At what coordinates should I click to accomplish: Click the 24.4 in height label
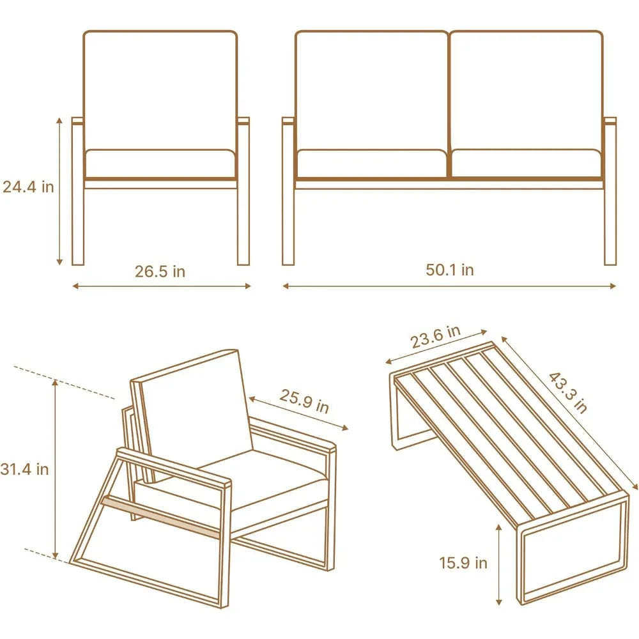[28, 187]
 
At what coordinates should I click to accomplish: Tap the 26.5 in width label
[160, 272]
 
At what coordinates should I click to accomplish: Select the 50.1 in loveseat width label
[450, 270]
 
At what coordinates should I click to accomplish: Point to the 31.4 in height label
[26, 469]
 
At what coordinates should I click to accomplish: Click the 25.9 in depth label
[304, 401]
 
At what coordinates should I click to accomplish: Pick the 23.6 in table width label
[435, 337]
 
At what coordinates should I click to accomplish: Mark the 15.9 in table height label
[463, 563]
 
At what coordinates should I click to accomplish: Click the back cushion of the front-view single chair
[160, 89]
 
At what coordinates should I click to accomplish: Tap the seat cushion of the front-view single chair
[160, 164]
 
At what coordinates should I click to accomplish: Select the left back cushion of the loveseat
[371, 89]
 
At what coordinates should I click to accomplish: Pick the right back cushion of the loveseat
[527, 89]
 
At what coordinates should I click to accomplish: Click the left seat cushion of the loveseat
[371, 163]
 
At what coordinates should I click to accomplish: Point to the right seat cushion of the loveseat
[527, 163]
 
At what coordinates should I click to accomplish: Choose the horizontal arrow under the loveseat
[449, 286]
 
